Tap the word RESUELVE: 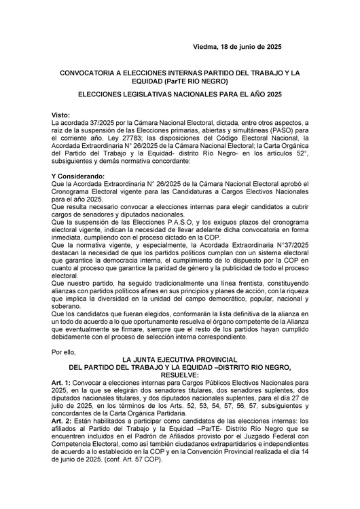pos(179,374)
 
